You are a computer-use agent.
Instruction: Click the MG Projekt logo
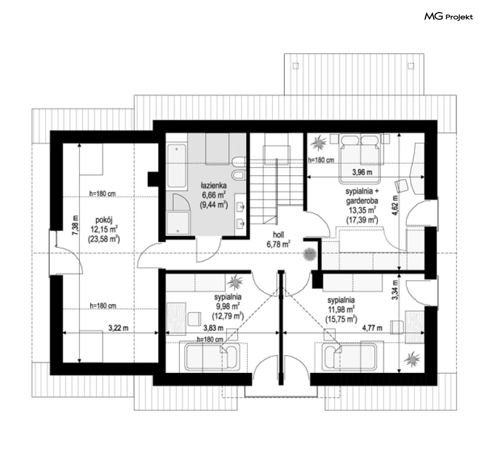coord(448,16)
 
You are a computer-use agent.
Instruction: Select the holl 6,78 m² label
coord(278,239)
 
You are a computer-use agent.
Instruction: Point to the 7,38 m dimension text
coord(75,225)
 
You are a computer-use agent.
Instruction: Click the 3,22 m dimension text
coord(118,328)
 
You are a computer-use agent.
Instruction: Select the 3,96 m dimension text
coord(362,172)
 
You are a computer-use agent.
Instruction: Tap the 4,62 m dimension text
coord(395,205)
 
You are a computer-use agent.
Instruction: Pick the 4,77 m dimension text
coord(372,328)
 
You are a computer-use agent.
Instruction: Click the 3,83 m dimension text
coord(213,328)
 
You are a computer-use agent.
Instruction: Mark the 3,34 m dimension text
coord(395,290)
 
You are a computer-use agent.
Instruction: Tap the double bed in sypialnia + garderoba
coord(360,159)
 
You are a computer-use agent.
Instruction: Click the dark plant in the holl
coord(310,254)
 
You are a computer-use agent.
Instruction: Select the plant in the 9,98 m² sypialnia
coord(235,282)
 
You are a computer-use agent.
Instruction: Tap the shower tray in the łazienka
coord(178,223)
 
